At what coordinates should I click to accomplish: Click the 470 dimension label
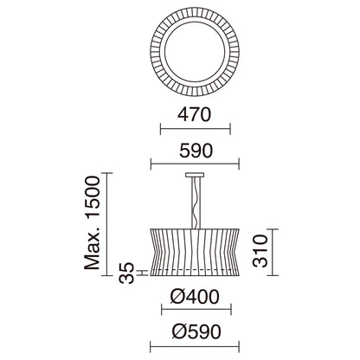click(x=195, y=114)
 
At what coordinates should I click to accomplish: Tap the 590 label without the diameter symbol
click(x=196, y=151)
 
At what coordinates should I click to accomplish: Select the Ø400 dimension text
click(x=195, y=297)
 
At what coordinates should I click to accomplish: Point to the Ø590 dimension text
click(x=196, y=331)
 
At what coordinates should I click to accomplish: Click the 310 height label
click(x=260, y=251)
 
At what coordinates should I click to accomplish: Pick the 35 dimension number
click(x=127, y=273)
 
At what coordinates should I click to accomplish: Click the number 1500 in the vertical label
click(x=93, y=196)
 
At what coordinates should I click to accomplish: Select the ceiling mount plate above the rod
click(x=195, y=175)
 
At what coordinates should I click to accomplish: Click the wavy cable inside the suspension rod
click(x=195, y=202)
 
